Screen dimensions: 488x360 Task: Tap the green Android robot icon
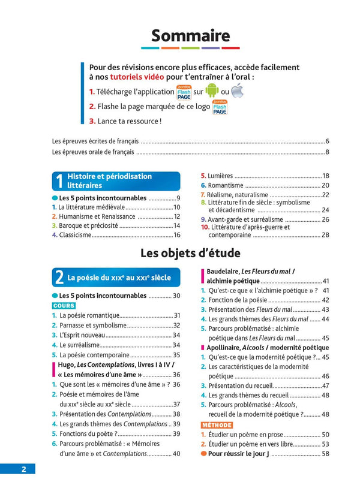[212, 91]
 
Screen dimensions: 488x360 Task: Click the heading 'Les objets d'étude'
[190, 252]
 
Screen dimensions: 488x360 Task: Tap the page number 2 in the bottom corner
[23, 469]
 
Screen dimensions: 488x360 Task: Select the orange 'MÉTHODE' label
[216, 424]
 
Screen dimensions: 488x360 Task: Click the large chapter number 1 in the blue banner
[59, 182]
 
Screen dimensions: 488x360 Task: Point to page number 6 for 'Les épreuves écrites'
[327, 141]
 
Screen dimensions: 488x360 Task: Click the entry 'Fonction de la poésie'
[236, 300]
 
